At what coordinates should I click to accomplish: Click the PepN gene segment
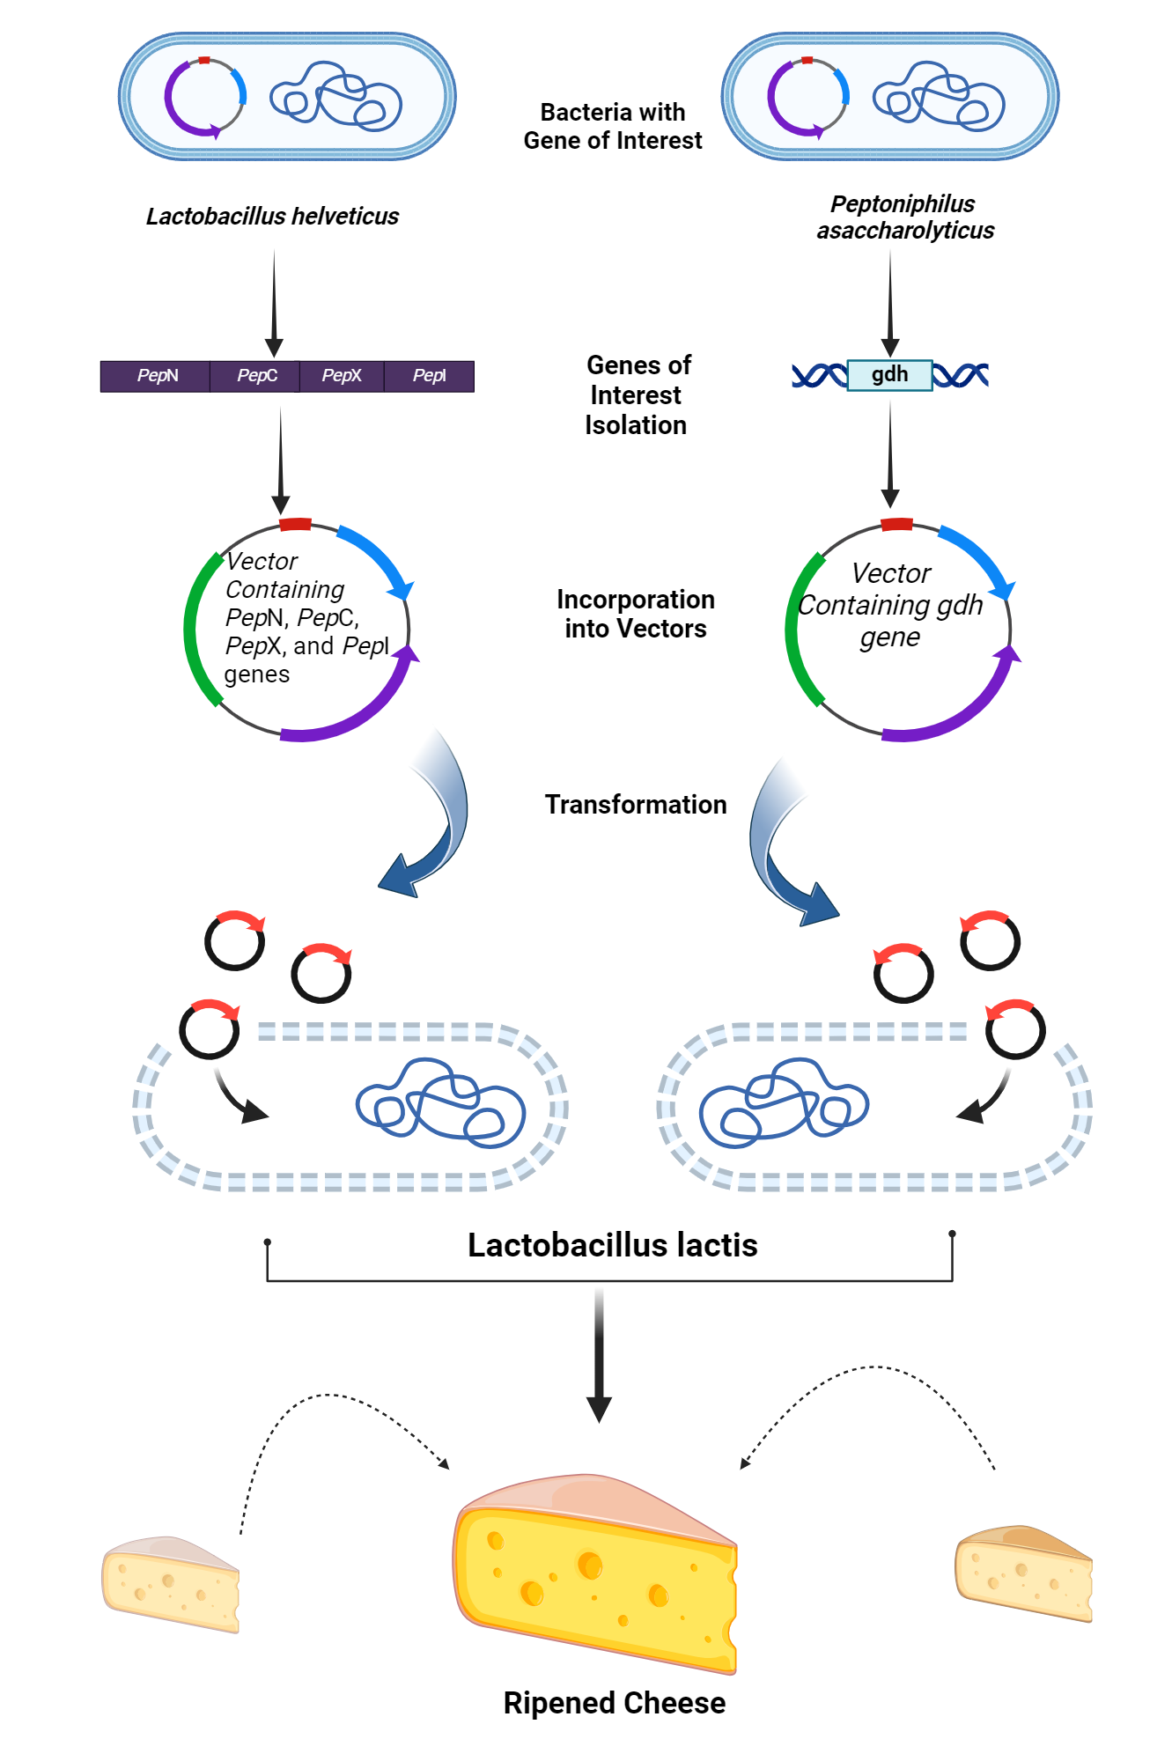click(156, 376)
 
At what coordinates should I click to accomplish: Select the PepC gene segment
click(255, 376)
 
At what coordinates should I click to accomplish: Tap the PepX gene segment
click(342, 376)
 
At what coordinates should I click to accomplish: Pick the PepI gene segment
click(429, 376)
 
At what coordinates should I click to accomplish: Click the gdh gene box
click(889, 375)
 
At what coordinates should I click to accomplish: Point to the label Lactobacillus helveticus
click(272, 217)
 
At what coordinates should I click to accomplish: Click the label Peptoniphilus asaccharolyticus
click(904, 217)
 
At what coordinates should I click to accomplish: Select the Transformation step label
click(635, 805)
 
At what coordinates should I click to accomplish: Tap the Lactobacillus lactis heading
click(612, 1246)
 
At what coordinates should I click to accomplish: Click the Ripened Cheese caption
click(614, 1704)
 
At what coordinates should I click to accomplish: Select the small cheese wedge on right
click(1023, 1574)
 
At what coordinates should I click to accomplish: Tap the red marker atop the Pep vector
click(295, 525)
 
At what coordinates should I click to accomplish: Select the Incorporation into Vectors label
click(635, 614)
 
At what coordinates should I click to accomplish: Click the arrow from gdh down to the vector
click(890, 453)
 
